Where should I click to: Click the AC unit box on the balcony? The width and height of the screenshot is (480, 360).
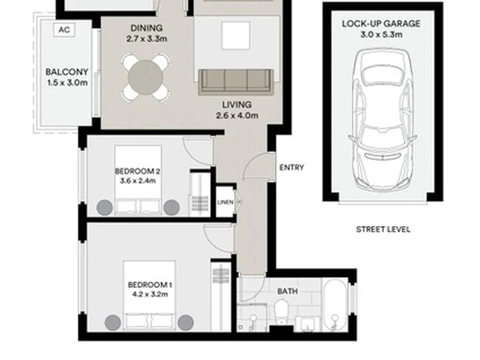pos(64,30)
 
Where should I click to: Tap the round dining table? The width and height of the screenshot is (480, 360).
pos(146,77)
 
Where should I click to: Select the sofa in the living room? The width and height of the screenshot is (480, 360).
pos(236,81)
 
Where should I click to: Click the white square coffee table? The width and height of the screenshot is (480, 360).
pos(236,35)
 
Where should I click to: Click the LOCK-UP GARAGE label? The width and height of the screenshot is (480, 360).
pos(381,24)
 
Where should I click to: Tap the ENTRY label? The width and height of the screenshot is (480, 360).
pos(292,167)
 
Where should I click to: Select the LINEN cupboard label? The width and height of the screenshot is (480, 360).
pos(225,203)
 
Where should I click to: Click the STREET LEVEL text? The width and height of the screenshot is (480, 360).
pos(383,229)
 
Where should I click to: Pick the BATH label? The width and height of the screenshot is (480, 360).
pos(287,291)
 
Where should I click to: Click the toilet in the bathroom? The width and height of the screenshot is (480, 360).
pos(281,311)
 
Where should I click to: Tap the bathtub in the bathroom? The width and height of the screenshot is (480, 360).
pos(335,305)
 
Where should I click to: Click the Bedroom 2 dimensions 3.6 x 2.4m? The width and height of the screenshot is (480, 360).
pos(138,181)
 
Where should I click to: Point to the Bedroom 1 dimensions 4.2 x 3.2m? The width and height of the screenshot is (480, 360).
pos(150,295)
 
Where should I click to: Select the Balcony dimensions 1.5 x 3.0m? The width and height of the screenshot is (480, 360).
pos(67,83)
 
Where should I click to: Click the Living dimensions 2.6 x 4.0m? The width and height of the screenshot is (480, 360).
pos(237,116)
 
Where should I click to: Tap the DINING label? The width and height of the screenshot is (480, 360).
pos(147,28)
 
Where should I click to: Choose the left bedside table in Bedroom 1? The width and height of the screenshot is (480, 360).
pos(113,323)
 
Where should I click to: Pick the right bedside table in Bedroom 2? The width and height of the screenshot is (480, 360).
pos(171,207)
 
